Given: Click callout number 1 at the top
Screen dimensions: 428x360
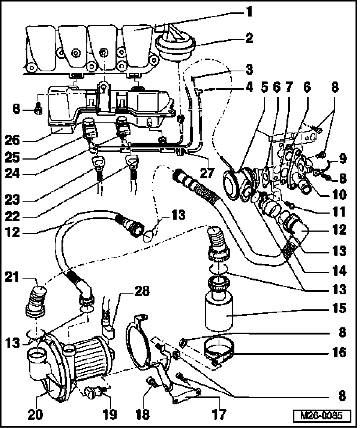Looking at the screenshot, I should pyautogui.click(x=247, y=12).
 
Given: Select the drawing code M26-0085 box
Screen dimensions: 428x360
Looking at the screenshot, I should pyautogui.click(x=322, y=416).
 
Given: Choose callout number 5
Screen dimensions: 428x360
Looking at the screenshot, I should pyautogui.click(x=265, y=87).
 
